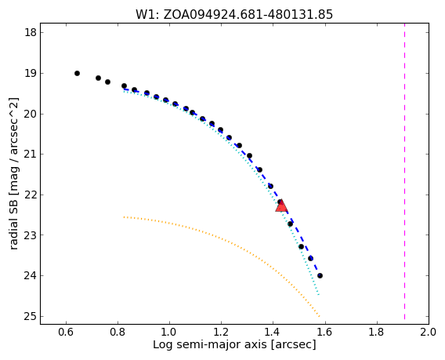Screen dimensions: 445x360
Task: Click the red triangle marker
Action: (281, 205)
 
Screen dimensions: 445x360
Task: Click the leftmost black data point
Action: (77, 73)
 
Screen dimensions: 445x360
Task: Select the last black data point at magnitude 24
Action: (320, 275)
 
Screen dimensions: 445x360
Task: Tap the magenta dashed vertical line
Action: (404, 173)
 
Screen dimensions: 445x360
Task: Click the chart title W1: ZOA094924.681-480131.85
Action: (234, 14)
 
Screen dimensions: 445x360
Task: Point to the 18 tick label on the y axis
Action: (31, 32)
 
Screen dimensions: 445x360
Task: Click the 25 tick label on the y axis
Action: (31, 316)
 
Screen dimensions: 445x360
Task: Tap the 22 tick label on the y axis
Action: (31, 195)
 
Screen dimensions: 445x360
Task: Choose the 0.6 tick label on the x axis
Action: (66, 332)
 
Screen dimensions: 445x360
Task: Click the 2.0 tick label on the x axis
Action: (429, 332)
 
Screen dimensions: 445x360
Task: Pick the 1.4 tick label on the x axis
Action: (273, 332)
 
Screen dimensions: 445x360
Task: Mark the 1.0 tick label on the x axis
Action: (169, 332)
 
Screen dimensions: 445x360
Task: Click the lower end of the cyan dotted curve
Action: (319, 295)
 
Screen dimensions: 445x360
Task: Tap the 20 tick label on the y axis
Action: (31, 114)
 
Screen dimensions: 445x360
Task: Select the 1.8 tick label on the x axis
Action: (377, 332)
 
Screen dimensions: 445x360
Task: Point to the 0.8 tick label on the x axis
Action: (118, 332)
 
